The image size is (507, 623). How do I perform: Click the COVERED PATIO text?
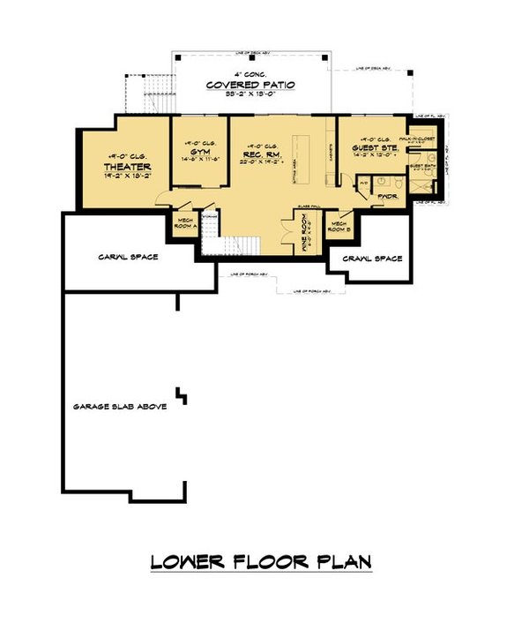point(251,85)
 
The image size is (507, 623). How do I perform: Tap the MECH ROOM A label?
point(185,222)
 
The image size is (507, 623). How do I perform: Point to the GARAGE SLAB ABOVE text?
point(115,407)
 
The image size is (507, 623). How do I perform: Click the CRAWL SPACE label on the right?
point(370,259)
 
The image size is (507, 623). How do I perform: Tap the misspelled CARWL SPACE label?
point(129,257)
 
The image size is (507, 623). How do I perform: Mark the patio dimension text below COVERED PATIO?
point(251,94)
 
